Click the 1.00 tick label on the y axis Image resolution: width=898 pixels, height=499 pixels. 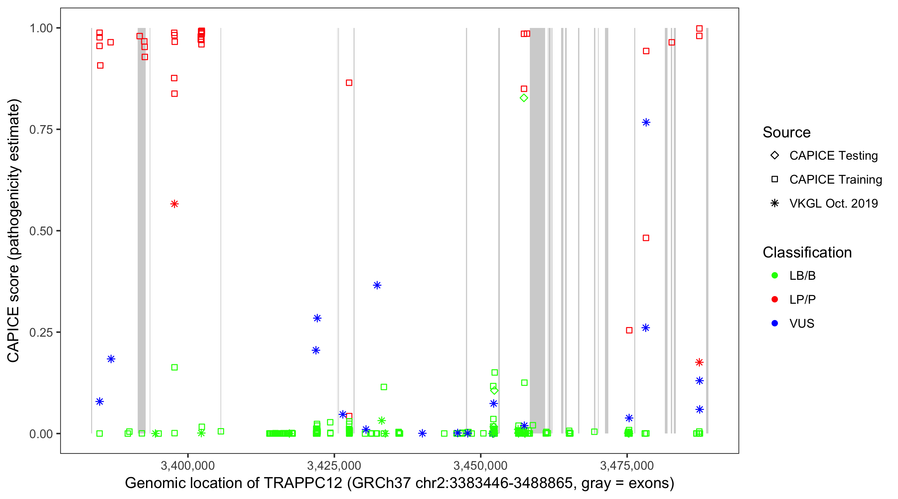pyautogui.click(x=41, y=28)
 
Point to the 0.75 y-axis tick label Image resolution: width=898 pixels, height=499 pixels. pyautogui.click(x=41, y=129)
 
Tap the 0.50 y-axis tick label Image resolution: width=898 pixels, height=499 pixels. pyautogui.click(x=41, y=231)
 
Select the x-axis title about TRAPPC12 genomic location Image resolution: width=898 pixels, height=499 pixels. pyautogui.click(x=399, y=483)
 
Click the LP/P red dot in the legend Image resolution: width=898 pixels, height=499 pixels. pyautogui.click(x=775, y=299)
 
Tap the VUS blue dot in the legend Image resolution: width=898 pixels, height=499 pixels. pyautogui.click(x=775, y=324)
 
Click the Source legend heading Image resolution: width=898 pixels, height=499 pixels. pyautogui.click(x=787, y=132)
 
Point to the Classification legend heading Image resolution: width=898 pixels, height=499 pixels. pyautogui.click(x=807, y=252)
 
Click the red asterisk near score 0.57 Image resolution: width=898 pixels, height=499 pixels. pyautogui.click(x=174, y=204)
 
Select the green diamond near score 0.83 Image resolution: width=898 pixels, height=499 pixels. pyautogui.click(x=524, y=98)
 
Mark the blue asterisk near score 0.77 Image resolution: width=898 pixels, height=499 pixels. pyautogui.click(x=646, y=122)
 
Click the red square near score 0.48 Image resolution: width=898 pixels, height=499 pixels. pyautogui.click(x=646, y=238)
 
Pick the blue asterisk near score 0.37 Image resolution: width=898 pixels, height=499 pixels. pyautogui.click(x=377, y=285)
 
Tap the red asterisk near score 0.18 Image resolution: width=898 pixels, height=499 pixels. pyautogui.click(x=699, y=362)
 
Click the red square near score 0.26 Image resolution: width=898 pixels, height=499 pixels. pyautogui.click(x=629, y=330)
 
